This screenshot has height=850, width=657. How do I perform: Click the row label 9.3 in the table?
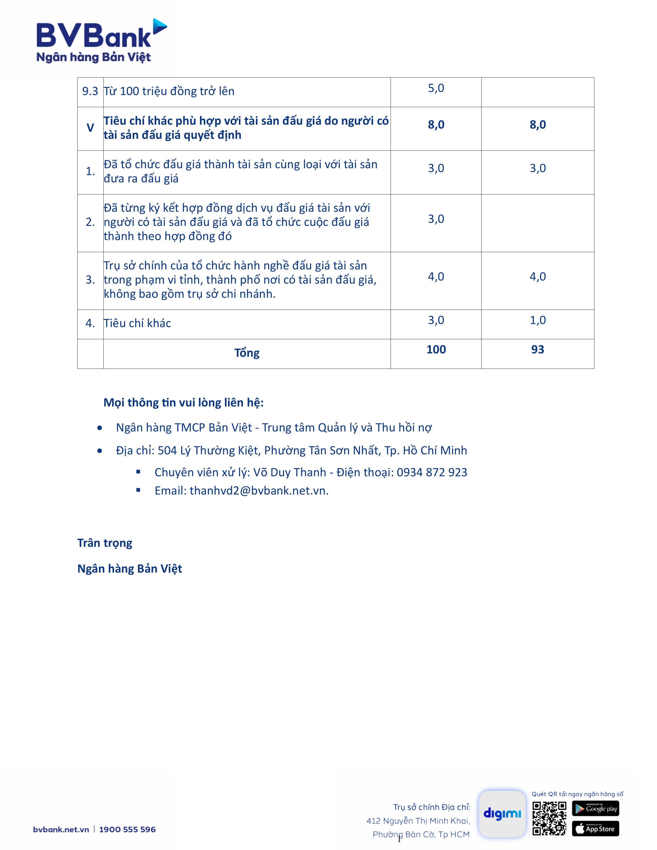90,91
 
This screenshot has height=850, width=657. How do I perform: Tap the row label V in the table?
90,128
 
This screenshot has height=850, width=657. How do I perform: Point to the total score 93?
537,350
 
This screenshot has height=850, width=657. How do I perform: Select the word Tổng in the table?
247,353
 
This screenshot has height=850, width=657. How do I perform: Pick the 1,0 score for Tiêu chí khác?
537,320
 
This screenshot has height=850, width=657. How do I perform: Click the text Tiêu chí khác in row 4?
137,324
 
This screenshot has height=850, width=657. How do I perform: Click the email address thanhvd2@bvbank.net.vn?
259,491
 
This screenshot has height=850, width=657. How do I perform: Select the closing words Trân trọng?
105,543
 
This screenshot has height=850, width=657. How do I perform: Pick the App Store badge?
595,829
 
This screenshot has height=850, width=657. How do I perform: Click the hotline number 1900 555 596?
127,829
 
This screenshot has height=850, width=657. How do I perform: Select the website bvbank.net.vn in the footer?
61,829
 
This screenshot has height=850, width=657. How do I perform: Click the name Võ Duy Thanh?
290,472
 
